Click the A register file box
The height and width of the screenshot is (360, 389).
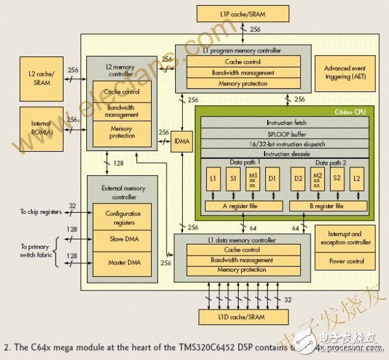tap(243, 206)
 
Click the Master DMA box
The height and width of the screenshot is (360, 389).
tap(123, 263)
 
